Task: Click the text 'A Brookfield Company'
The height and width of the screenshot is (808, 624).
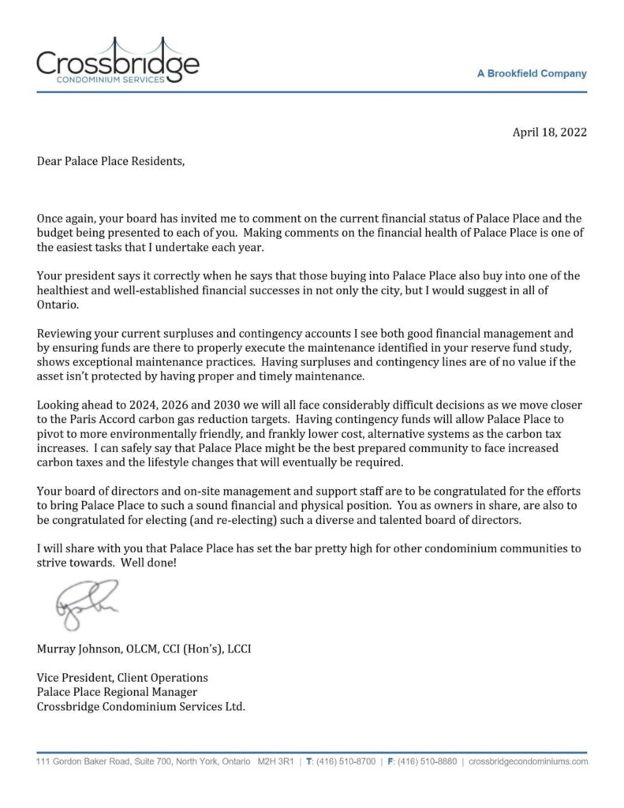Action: tap(532, 73)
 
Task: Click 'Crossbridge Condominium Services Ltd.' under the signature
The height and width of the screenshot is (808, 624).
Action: tap(141, 706)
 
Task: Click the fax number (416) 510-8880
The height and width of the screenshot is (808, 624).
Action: tap(427, 762)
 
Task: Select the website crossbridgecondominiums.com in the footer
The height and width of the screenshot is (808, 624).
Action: tap(528, 762)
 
